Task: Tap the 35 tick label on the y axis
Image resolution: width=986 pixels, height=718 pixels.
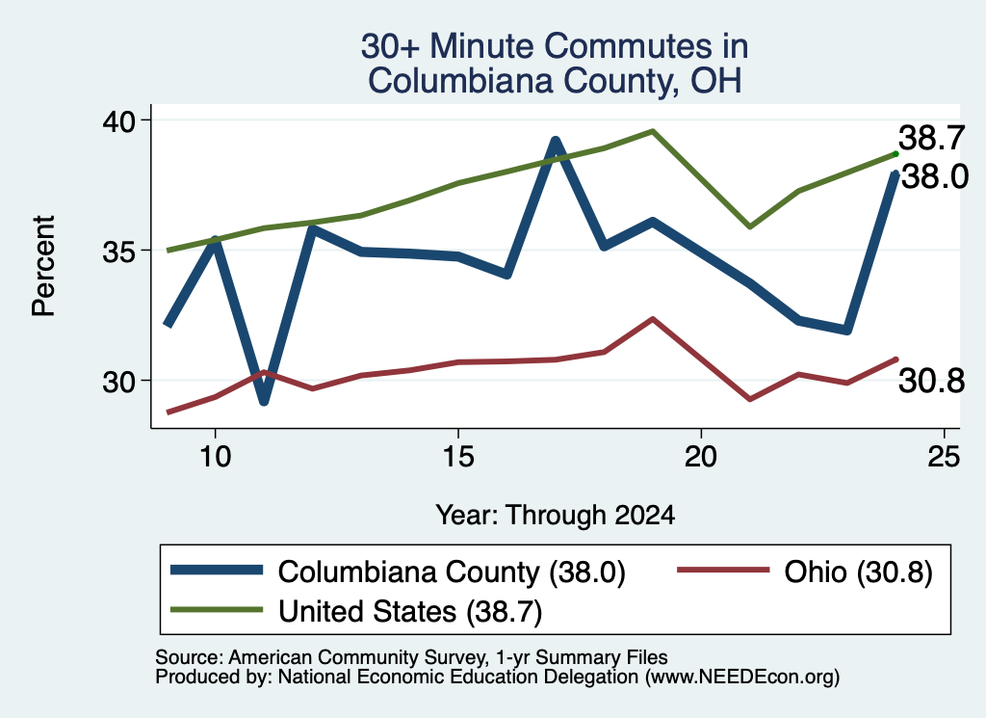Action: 118,252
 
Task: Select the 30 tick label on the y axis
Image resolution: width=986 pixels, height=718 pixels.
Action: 118,382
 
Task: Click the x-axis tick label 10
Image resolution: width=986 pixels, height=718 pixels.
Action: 215,456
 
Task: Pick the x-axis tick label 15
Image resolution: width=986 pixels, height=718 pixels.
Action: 457,456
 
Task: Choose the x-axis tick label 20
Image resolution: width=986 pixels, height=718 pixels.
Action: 701,456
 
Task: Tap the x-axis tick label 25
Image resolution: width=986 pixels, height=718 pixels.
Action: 944,456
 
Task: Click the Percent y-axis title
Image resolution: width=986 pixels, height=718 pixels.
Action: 43,266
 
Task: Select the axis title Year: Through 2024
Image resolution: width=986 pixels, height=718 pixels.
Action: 556,515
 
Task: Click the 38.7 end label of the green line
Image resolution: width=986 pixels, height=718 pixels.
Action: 931,138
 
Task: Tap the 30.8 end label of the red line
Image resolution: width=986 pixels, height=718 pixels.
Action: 931,382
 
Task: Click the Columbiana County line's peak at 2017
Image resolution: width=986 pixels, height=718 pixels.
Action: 556,141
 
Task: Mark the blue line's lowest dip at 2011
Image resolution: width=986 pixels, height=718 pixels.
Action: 264,401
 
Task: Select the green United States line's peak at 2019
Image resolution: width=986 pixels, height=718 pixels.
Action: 653,131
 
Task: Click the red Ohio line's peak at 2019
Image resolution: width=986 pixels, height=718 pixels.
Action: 653,319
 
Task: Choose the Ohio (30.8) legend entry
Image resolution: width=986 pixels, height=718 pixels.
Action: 804,572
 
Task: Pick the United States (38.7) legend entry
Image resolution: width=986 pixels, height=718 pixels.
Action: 356,612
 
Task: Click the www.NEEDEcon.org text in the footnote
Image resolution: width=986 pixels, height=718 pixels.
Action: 742,678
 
